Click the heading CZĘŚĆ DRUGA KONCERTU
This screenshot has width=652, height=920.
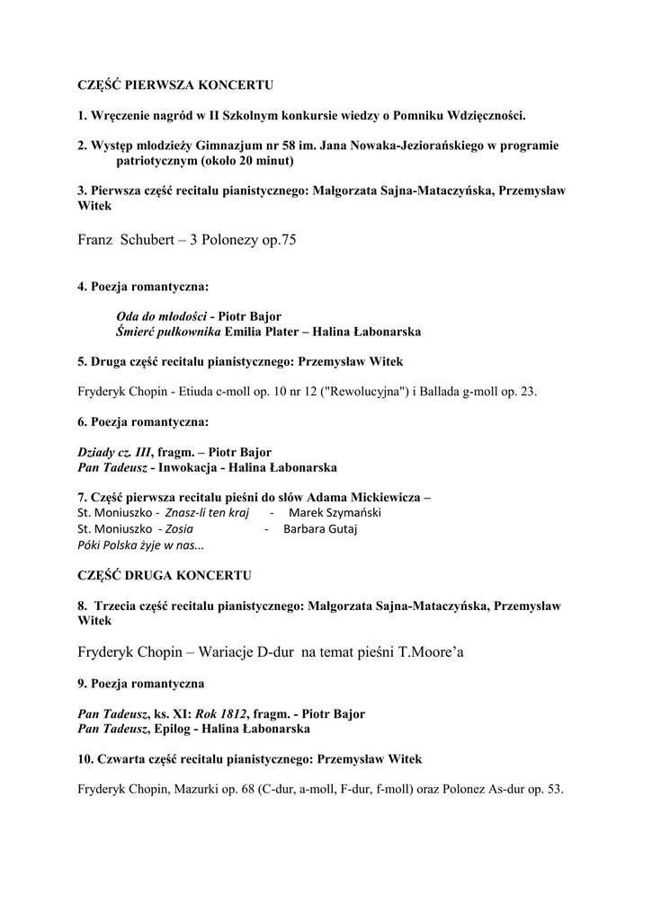[x=165, y=574]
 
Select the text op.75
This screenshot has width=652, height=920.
[x=278, y=241]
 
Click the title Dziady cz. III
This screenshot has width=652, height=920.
[x=114, y=452]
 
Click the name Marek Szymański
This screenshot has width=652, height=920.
[x=335, y=513]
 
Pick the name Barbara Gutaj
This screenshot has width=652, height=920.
[x=320, y=529]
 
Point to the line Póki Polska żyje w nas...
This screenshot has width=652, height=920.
[x=141, y=545]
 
